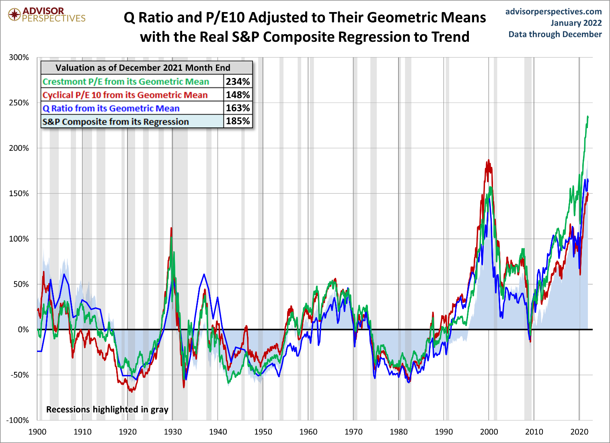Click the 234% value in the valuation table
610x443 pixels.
(238, 82)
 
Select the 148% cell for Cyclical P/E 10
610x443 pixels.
(238, 95)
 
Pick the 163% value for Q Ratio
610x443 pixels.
(238, 108)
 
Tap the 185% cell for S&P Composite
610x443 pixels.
(238, 121)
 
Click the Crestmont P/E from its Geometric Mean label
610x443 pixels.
(126, 82)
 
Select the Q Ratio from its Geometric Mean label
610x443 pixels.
(111, 108)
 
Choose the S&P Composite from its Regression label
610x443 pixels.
(116, 121)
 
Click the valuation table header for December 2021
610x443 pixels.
(143, 68)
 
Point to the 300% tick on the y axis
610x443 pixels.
(19, 57)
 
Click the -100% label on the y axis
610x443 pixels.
(18, 420)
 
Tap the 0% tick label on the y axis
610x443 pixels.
(23, 330)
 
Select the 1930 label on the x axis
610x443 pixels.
(173, 432)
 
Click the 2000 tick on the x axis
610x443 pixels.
(489, 432)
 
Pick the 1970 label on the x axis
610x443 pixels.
(353, 432)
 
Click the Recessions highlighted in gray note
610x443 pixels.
(107, 409)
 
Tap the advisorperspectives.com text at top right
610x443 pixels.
(553, 12)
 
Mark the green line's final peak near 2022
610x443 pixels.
(587, 117)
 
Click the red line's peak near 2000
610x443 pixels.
(489, 160)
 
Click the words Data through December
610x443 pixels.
(555, 34)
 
